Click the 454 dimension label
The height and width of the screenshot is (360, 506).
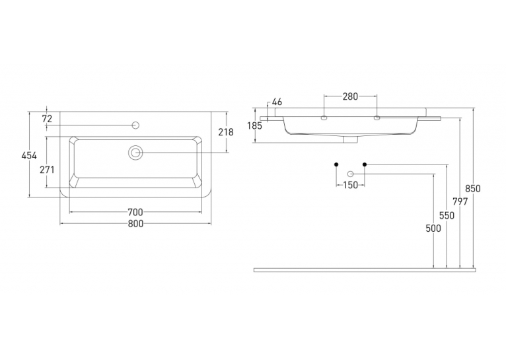point(29,156)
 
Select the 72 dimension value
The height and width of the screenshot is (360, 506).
point(47,119)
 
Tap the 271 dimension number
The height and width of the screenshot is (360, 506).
point(47,170)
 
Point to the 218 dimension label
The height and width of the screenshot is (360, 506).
point(226,132)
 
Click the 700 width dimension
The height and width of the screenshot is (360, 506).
point(135,212)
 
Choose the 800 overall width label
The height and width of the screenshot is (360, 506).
point(135,223)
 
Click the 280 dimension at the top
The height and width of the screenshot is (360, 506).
point(350,96)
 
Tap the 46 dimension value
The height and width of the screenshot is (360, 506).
point(277,102)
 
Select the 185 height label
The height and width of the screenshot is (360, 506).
point(255,126)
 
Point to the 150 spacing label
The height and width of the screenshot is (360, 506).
point(351,185)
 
